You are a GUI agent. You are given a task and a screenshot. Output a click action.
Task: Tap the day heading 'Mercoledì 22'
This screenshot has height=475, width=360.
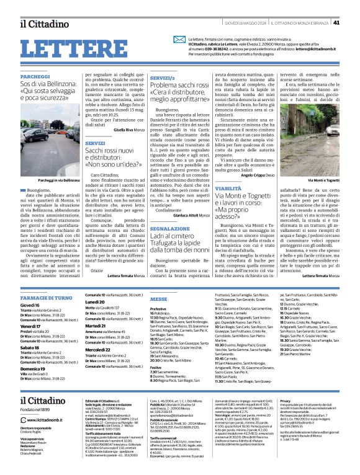coord(83,349)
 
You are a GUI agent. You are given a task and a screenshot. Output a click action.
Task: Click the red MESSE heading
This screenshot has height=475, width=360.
coord(142,298)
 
